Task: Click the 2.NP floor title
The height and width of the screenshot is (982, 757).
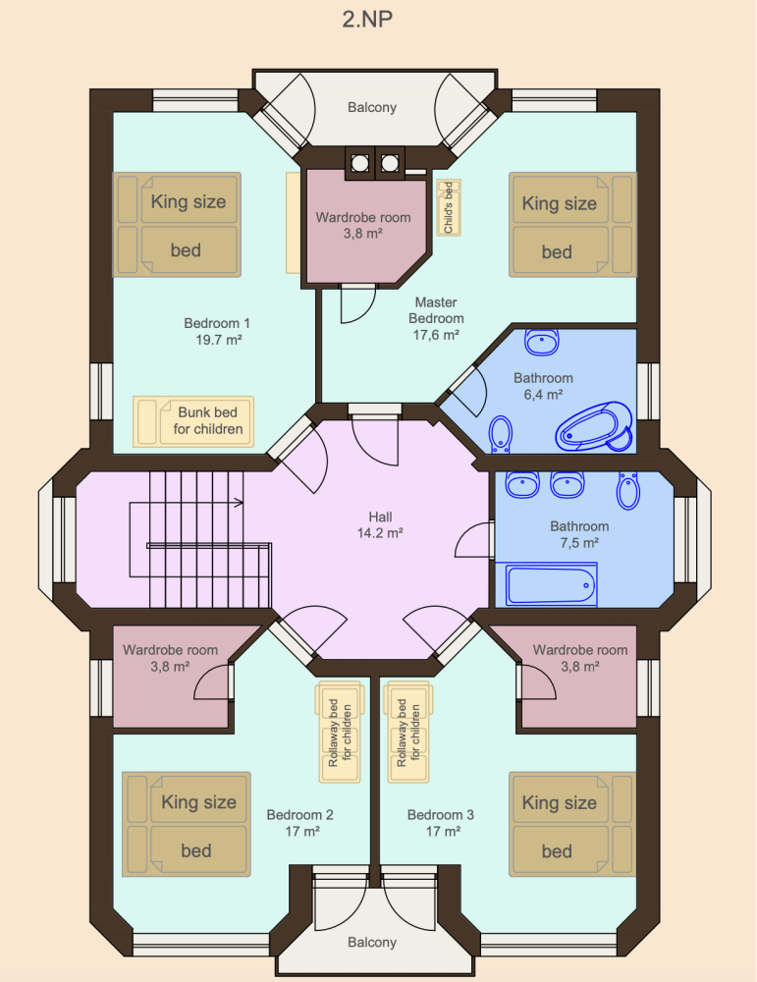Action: coord(367,19)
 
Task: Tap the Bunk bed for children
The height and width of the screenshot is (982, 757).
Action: coord(193,421)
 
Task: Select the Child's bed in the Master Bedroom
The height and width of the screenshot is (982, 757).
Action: coord(449,207)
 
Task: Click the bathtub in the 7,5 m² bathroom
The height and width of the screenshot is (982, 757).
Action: coord(546,585)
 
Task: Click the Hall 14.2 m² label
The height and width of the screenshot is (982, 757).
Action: coord(380,524)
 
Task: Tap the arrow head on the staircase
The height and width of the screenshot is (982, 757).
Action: coord(239,502)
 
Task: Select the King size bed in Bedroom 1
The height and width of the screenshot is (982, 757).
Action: coord(177,225)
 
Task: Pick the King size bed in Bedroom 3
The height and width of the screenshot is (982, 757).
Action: coord(572,824)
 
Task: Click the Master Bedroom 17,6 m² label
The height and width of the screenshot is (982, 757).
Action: coord(436,319)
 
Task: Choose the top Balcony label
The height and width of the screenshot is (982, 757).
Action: coord(372,107)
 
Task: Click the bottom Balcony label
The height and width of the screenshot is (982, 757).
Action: coord(372,943)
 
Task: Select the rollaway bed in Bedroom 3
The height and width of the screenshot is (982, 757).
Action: coord(408,733)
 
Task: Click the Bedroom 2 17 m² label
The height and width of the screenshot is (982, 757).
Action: coord(299,823)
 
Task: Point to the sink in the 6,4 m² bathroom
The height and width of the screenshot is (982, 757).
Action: coord(542,342)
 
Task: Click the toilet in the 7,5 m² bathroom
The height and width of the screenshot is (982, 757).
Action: coord(628,490)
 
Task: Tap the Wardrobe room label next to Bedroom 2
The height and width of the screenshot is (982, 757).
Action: coord(170,658)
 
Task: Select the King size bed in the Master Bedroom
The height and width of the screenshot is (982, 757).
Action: coord(572,225)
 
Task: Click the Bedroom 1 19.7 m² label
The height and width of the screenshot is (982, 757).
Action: coord(217,331)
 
